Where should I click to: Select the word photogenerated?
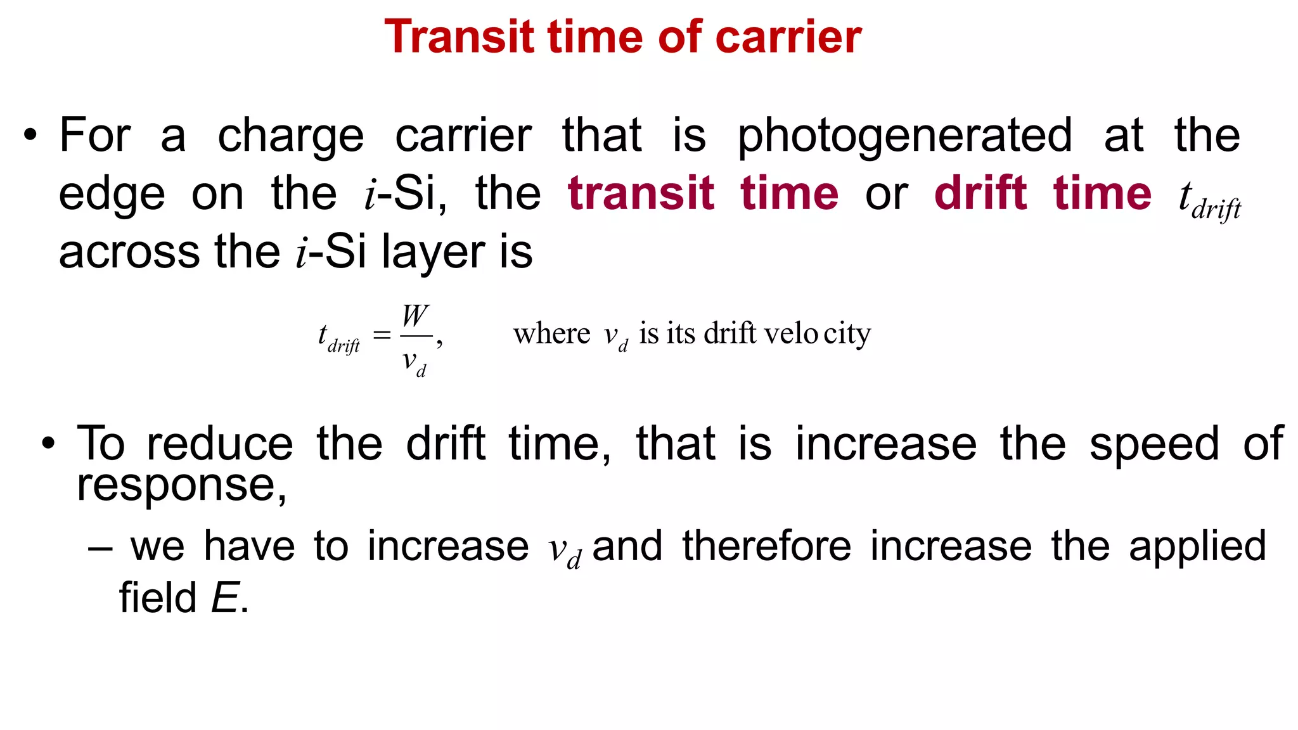click(905, 136)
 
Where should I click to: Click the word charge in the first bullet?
click(291, 136)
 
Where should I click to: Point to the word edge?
click(112, 194)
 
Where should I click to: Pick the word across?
click(129, 252)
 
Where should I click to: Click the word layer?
click(434, 252)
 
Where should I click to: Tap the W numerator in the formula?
click(415, 316)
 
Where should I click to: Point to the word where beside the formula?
click(551, 333)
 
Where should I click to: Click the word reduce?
click(220, 444)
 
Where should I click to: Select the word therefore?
click(767, 546)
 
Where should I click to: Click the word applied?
click(1197, 546)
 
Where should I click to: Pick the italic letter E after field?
click(224, 598)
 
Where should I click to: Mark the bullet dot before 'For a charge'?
click(30, 136)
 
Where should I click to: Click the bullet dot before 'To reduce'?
click(48, 444)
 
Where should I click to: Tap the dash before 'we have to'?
click(100, 547)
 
